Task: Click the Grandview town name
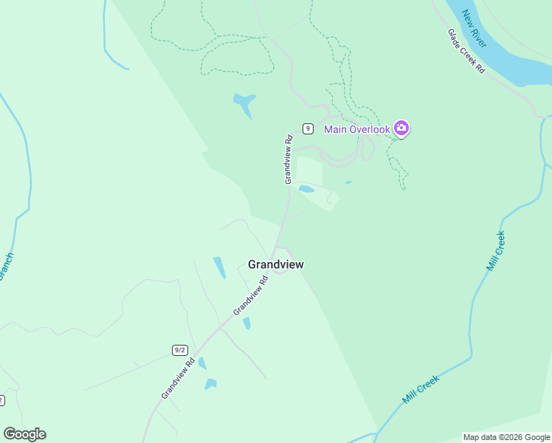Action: click(x=276, y=264)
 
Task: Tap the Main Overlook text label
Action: click(x=356, y=130)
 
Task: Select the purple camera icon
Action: click(x=401, y=128)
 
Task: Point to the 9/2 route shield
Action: click(x=179, y=349)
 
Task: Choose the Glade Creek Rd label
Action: click(x=466, y=51)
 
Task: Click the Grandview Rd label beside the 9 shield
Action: click(x=289, y=159)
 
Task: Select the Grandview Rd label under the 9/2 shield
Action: click(x=178, y=379)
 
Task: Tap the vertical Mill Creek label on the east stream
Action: click(x=496, y=251)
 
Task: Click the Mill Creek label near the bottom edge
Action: click(x=421, y=389)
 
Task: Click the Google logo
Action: click(x=24, y=434)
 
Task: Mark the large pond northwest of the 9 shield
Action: click(x=244, y=104)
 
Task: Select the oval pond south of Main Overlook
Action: click(x=306, y=189)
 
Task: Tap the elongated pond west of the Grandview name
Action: click(x=219, y=267)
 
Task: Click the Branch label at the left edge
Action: click(x=6, y=267)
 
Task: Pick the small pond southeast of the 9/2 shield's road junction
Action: click(x=246, y=323)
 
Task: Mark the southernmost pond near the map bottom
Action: click(x=211, y=384)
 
